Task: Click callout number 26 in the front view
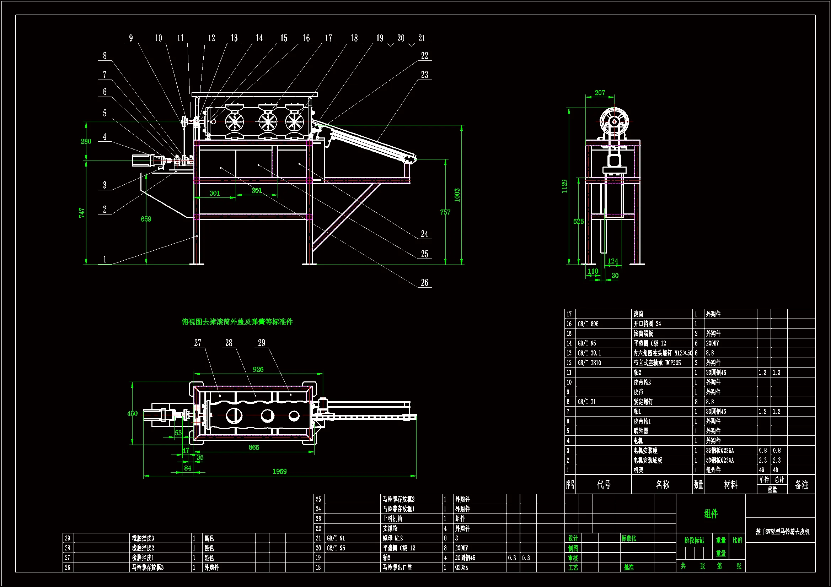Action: point(424,282)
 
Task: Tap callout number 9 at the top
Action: point(131,38)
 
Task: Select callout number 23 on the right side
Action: point(424,75)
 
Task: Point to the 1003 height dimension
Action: point(457,195)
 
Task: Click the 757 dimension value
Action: point(445,212)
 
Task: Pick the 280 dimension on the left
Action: point(86,141)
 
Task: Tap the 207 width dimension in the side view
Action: point(600,93)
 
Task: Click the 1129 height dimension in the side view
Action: point(565,186)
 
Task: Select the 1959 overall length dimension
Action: point(279,471)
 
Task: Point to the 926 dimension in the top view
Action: point(258,369)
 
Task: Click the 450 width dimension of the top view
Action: point(133,413)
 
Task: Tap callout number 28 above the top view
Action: point(229,343)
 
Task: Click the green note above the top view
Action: point(237,321)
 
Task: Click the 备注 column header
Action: point(801,485)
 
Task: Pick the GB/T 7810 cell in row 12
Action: point(589,363)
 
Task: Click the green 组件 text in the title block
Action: point(711,513)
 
